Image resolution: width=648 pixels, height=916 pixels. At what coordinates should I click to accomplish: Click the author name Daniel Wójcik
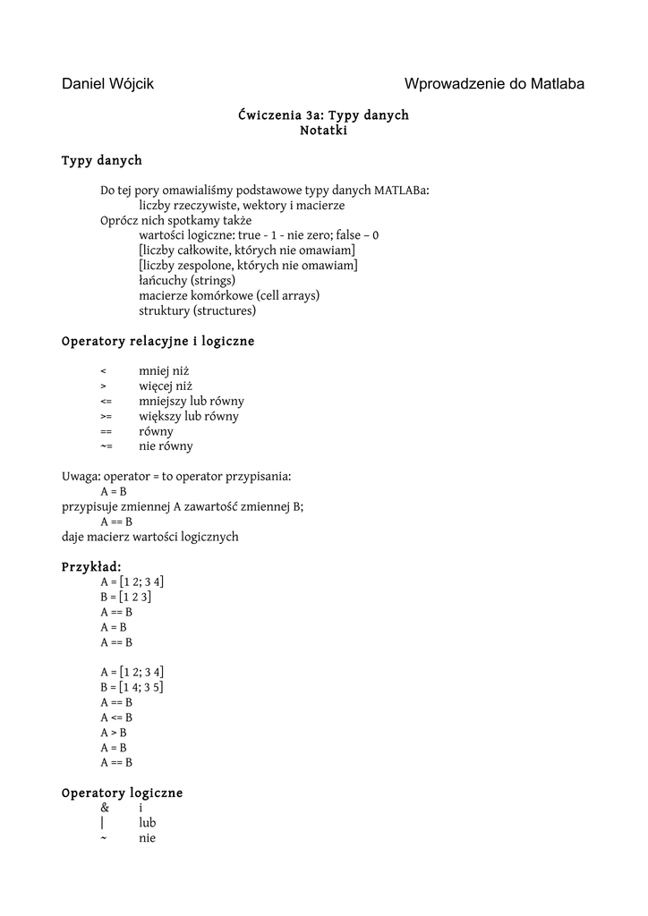pos(107,84)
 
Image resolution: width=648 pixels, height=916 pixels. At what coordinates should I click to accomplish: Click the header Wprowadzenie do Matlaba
pos(494,84)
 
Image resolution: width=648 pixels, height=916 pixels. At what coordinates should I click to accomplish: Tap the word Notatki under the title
pos(323,131)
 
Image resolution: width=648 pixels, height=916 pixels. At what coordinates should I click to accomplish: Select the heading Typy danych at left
pos(101,161)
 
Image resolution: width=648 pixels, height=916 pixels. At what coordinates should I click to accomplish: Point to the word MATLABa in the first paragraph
pos(401,191)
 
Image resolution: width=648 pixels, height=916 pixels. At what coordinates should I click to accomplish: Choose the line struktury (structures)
pos(197,311)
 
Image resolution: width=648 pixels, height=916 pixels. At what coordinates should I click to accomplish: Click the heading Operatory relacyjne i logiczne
pos(158,342)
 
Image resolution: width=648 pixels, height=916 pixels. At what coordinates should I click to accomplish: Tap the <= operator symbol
pos(106,402)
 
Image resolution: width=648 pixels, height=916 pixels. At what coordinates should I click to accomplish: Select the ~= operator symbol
pos(106,446)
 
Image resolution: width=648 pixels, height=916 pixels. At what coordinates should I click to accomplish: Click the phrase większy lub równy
pos(188,416)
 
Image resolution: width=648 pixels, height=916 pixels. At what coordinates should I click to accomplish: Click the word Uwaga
pos(80,477)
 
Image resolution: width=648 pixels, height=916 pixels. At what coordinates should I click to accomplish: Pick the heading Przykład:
pos(91,567)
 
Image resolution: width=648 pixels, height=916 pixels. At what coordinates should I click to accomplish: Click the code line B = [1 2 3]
pos(125,597)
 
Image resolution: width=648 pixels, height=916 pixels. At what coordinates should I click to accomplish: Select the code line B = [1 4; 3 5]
pos(132,687)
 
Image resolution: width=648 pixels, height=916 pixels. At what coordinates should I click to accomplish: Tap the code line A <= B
pos(116,717)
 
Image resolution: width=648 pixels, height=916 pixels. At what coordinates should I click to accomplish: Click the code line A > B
pos(114,733)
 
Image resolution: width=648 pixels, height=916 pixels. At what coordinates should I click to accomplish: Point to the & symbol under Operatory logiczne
pos(105,808)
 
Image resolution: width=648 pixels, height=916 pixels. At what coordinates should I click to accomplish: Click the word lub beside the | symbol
pos(148,823)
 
